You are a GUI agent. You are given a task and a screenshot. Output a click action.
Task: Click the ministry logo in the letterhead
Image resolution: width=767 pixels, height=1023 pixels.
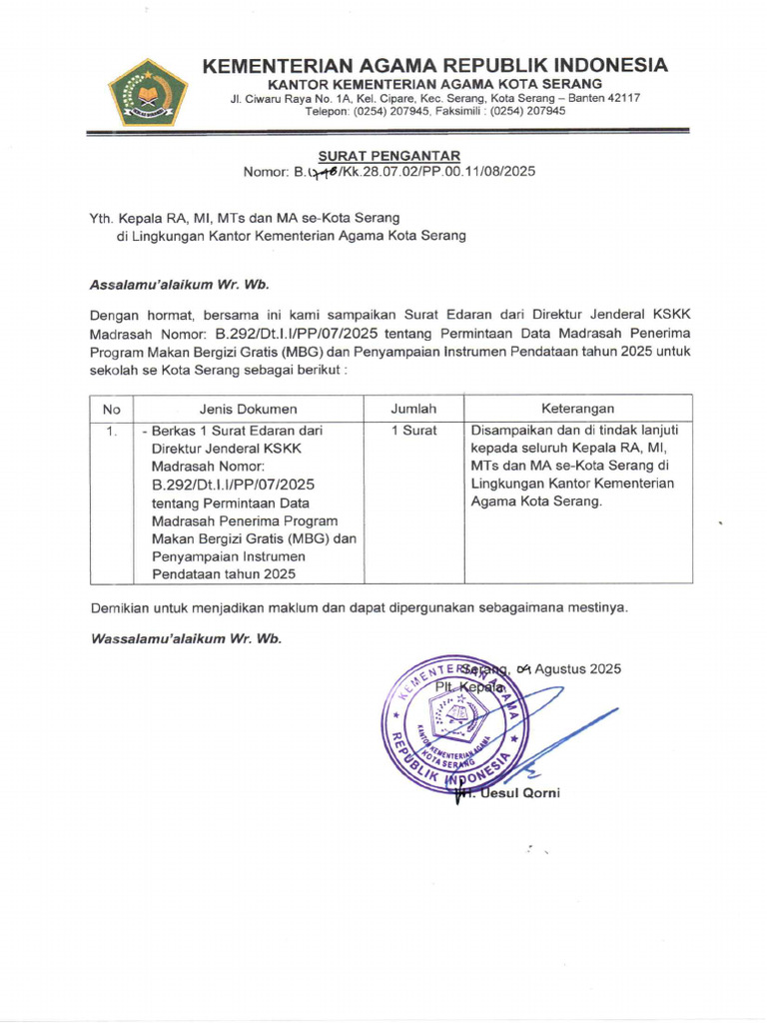[148, 92]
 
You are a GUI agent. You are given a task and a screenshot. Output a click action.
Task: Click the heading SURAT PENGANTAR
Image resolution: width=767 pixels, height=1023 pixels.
[389, 155]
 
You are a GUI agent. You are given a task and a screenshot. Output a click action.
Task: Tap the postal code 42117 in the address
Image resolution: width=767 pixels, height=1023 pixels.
[621, 98]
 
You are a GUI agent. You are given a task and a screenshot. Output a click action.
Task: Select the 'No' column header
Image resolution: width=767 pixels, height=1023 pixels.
[111, 409]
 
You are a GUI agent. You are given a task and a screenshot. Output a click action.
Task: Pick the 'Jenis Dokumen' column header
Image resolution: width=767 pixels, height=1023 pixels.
[248, 409]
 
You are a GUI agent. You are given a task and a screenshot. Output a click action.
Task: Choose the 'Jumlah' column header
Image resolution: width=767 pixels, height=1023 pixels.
[413, 409]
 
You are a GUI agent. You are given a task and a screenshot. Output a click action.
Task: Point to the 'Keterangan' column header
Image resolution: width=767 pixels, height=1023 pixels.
[577, 409]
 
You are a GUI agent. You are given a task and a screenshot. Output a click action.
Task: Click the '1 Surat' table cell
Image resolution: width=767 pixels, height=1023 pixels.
[413, 431]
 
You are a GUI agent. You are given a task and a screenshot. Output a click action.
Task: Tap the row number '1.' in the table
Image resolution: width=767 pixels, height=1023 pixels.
[112, 431]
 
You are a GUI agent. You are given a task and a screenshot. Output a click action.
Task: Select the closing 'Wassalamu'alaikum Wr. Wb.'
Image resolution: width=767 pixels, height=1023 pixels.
[186, 638]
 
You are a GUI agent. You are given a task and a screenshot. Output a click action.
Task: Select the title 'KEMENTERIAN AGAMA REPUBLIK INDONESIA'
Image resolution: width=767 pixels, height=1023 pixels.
[434, 66]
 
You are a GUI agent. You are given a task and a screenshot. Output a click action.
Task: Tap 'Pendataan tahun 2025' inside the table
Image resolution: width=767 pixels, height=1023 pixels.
[224, 574]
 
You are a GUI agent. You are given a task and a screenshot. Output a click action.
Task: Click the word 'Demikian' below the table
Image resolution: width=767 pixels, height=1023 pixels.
[119, 607]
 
